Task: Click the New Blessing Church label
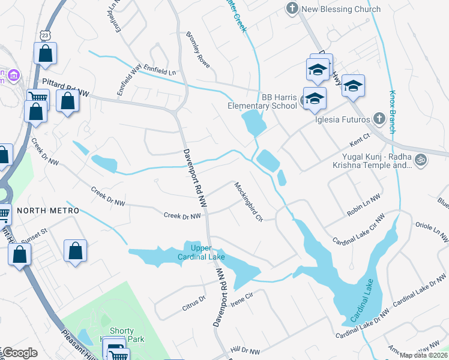pos(342,9)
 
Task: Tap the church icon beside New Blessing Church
pos(292,9)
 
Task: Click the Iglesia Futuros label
pos(342,118)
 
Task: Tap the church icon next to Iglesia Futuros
pos(378,118)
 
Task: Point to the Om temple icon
pos(420,160)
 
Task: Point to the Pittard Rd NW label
pos(66,83)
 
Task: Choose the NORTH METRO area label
pos(48,211)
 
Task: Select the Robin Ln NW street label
pos(364,205)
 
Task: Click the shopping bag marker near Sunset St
pos(75,250)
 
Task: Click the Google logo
pos(20,353)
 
